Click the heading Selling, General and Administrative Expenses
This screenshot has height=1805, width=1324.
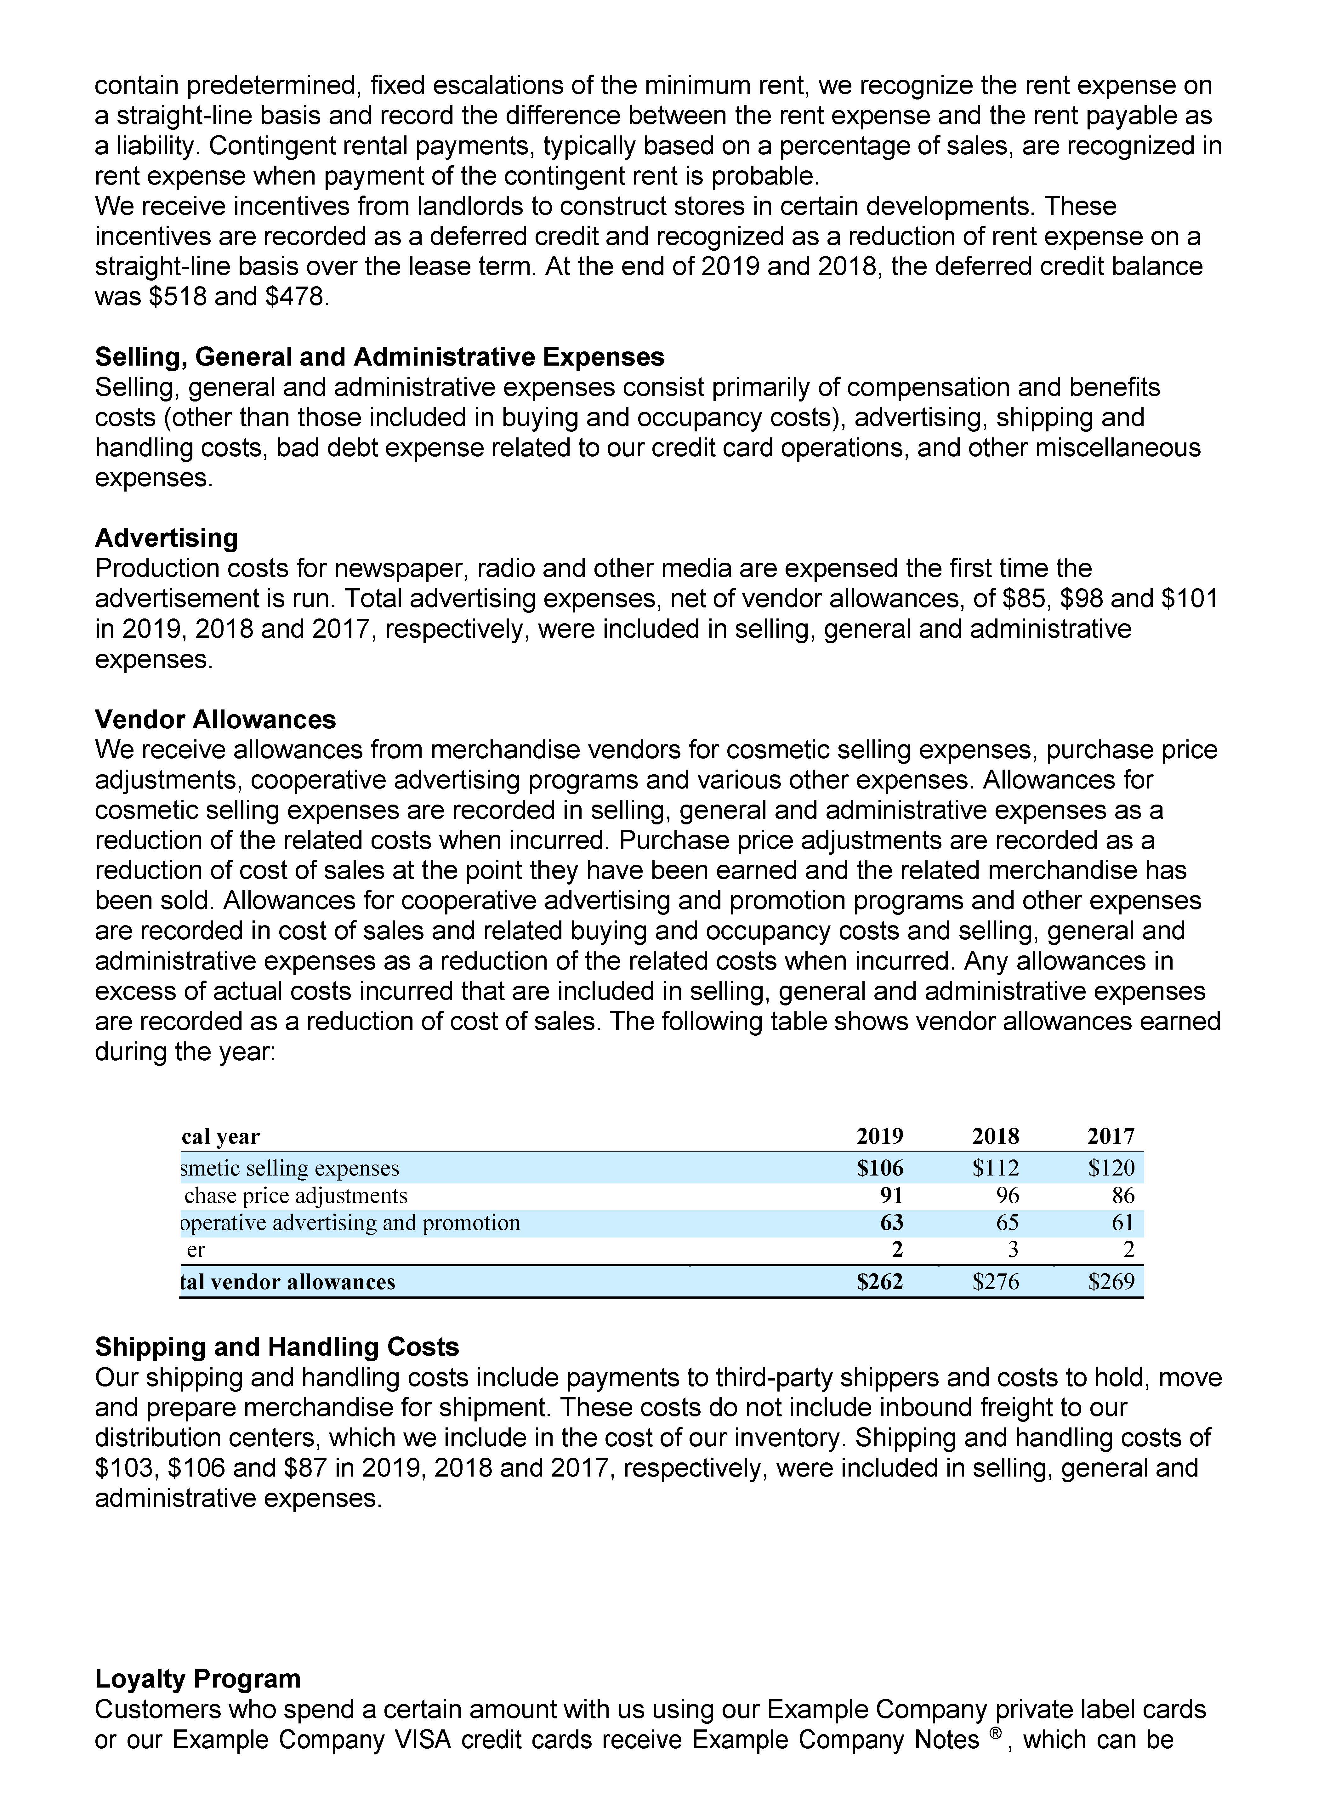[379, 357]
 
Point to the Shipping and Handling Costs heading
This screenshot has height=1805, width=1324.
[276, 1347]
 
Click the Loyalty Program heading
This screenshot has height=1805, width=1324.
[197, 1678]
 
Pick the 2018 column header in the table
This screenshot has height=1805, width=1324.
[995, 1136]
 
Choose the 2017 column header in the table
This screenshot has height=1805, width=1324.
[1111, 1136]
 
